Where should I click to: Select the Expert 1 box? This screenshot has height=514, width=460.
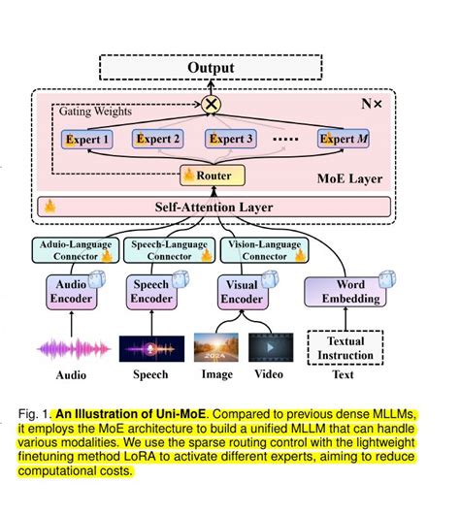pos(88,139)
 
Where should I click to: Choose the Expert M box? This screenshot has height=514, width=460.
pos(345,139)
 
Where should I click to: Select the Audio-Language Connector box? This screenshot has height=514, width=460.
pos(75,250)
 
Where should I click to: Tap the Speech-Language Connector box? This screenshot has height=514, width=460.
pos(161,250)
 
